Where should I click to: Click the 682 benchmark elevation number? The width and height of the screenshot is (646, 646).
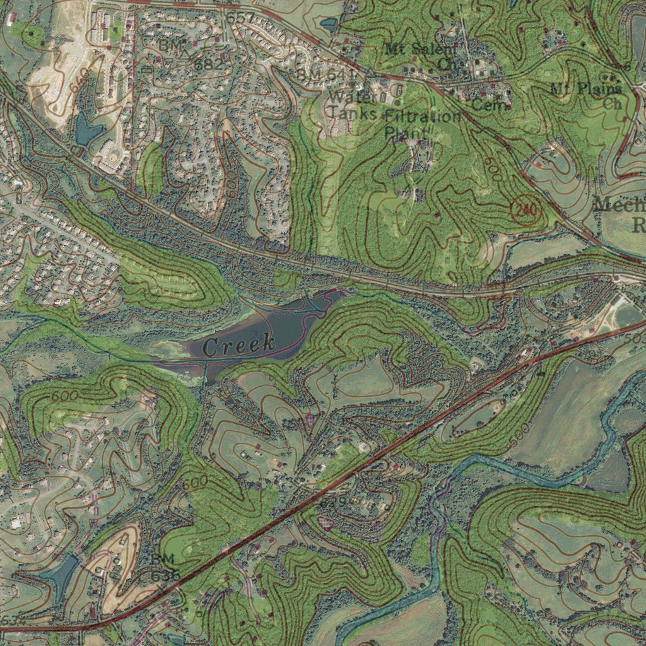tap(209, 64)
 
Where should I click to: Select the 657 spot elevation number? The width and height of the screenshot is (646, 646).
tap(240, 18)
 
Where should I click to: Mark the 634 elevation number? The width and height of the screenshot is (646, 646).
tap(13, 621)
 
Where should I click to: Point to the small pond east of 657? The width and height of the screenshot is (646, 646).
tap(329, 25)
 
